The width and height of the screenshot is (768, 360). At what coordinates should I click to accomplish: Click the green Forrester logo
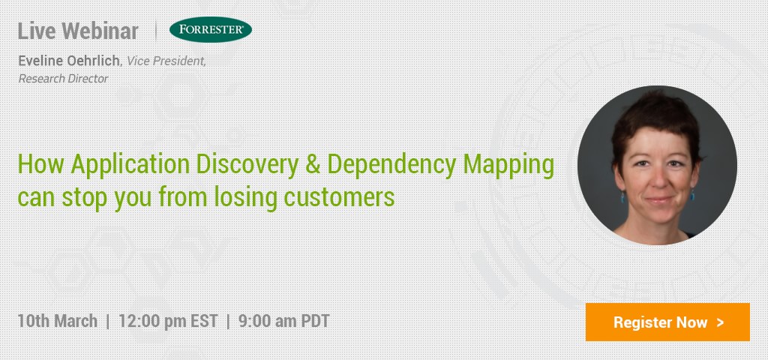(x=211, y=29)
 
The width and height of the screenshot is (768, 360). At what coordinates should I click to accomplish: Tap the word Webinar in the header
(x=101, y=31)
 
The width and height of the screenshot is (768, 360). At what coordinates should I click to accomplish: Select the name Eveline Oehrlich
(x=69, y=61)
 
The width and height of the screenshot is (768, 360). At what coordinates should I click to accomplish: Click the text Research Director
(x=63, y=78)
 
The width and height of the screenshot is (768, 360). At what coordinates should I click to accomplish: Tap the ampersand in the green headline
(x=313, y=164)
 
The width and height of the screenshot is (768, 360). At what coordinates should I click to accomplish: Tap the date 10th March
(x=57, y=321)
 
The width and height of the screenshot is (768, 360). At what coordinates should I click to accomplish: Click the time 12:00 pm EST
(x=168, y=321)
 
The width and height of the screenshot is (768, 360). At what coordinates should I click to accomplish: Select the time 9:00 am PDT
(x=283, y=321)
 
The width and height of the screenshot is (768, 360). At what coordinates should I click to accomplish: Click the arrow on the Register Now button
(x=719, y=322)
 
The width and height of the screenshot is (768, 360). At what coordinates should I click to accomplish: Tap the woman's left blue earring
(x=692, y=196)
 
